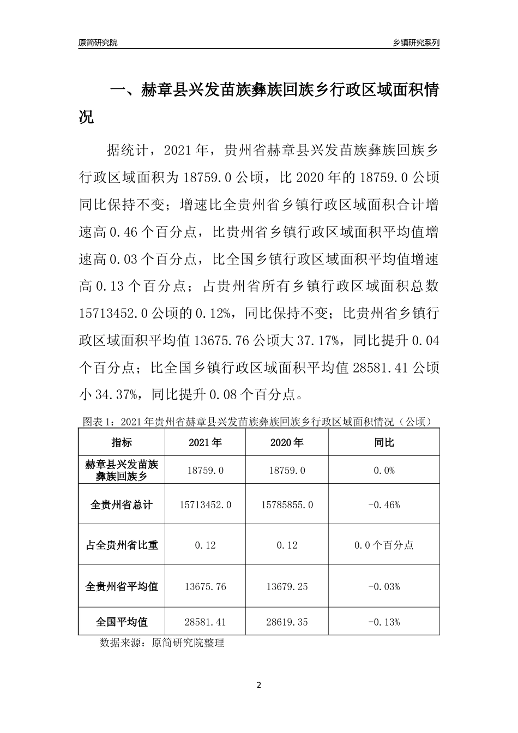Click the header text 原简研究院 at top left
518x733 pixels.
pos(98,43)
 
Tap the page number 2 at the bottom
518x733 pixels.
pos(259,685)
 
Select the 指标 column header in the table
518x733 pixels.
pos(122,442)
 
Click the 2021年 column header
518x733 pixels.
pos(205,442)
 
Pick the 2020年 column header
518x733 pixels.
pos(287,442)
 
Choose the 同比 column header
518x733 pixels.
pos(384,442)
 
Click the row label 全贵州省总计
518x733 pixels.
pos(122,504)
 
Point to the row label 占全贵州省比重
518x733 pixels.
pos(122,544)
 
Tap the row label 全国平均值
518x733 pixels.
pos(122,622)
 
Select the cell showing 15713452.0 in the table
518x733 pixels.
pos(205,504)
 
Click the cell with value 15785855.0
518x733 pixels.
pos(287,504)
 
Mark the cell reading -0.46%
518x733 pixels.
pos(384,504)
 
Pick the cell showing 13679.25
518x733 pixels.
pos(287,586)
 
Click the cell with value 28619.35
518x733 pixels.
pos(287,622)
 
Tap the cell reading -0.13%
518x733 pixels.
pos(384,622)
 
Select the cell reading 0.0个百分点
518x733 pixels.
pos(384,544)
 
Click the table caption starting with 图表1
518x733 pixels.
pos(259,422)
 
